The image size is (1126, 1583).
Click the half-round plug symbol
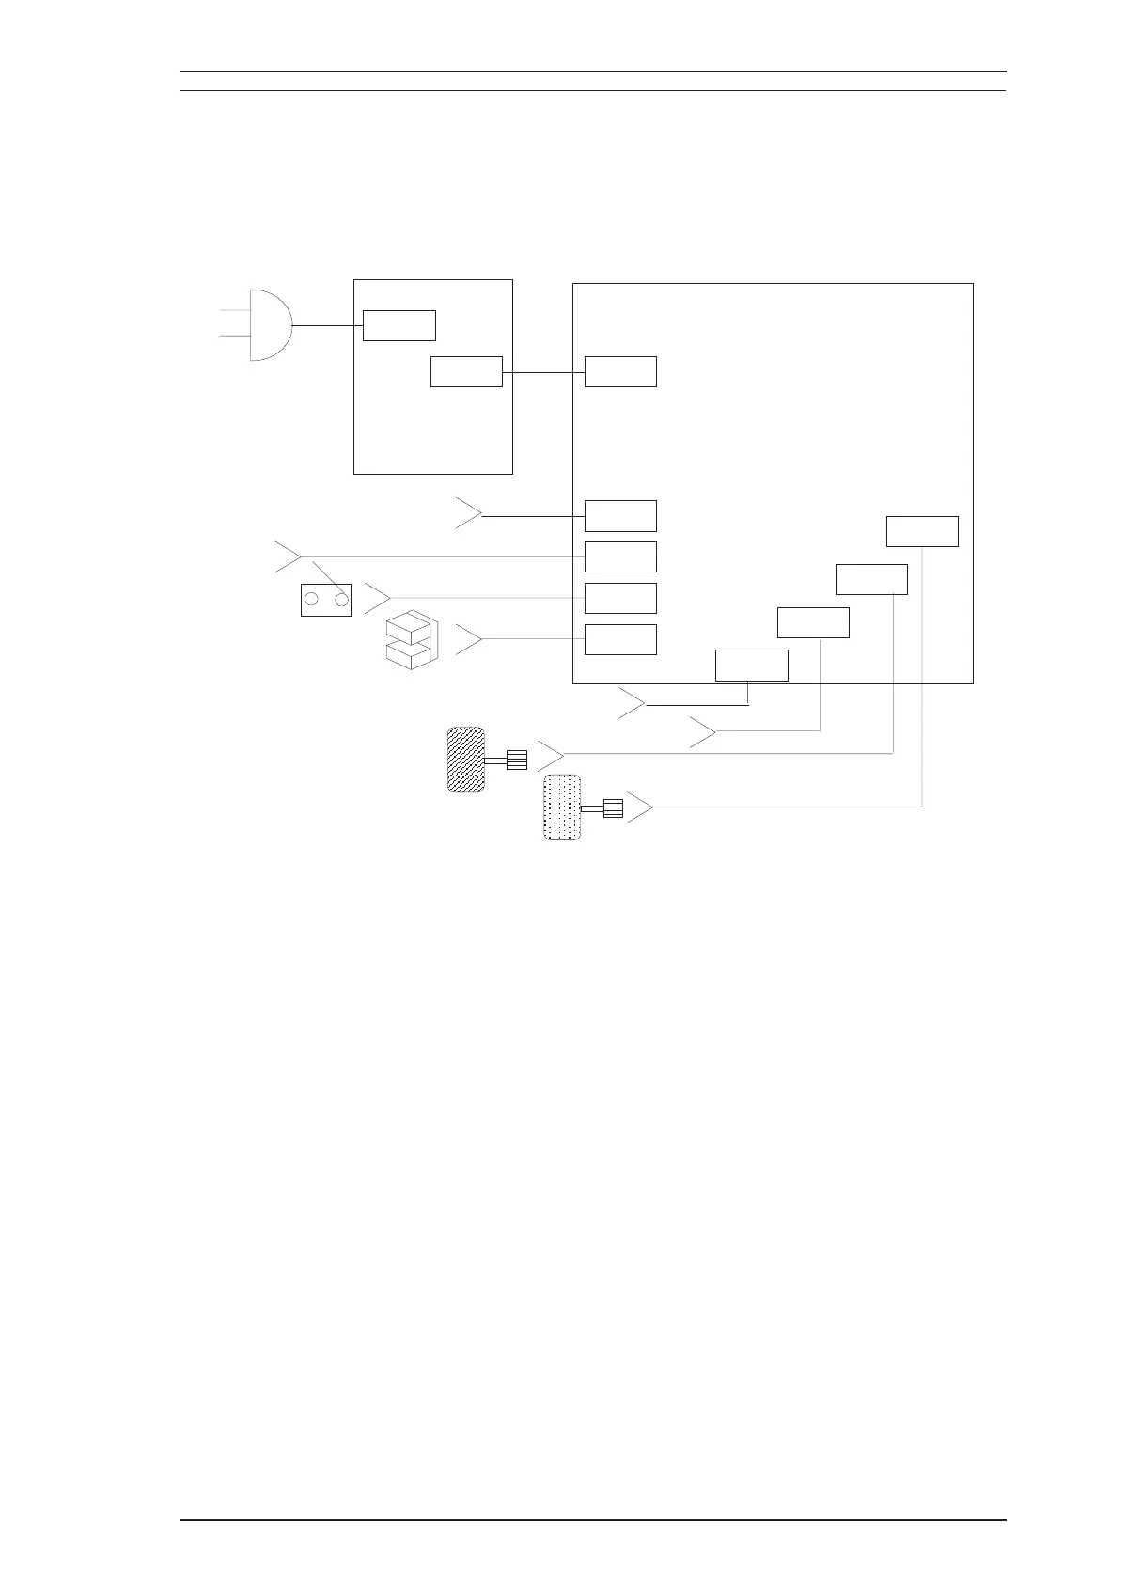pyautogui.click(x=270, y=325)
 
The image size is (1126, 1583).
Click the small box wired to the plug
pyautogui.click(x=399, y=325)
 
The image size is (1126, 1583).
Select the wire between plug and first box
pyautogui.click(x=328, y=325)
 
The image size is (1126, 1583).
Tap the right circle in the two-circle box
pyautogui.click(x=341, y=600)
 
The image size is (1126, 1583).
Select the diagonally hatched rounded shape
pyautogui.click(x=466, y=760)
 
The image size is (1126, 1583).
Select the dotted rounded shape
pyautogui.click(x=562, y=807)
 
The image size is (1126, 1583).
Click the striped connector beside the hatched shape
pyautogui.click(x=517, y=760)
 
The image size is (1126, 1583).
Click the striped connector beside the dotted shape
pyautogui.click(x=613, y=807)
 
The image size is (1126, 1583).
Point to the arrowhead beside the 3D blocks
pyautogui.click(x=471, y=639)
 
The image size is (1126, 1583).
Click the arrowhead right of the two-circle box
pyautogui.click(x=380, y=597)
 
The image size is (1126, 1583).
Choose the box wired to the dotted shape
pyautogui.click(x=922, y=531)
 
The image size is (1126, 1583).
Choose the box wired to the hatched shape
pyautogui.click(x=871, y=579)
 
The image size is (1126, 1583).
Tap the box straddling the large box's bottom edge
pyautogui.click(x=751, y=665)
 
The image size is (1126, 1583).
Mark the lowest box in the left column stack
pyautogui.click(x=620, y=639)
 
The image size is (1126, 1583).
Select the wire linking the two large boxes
pyautogui.click(x=543, y=372)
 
